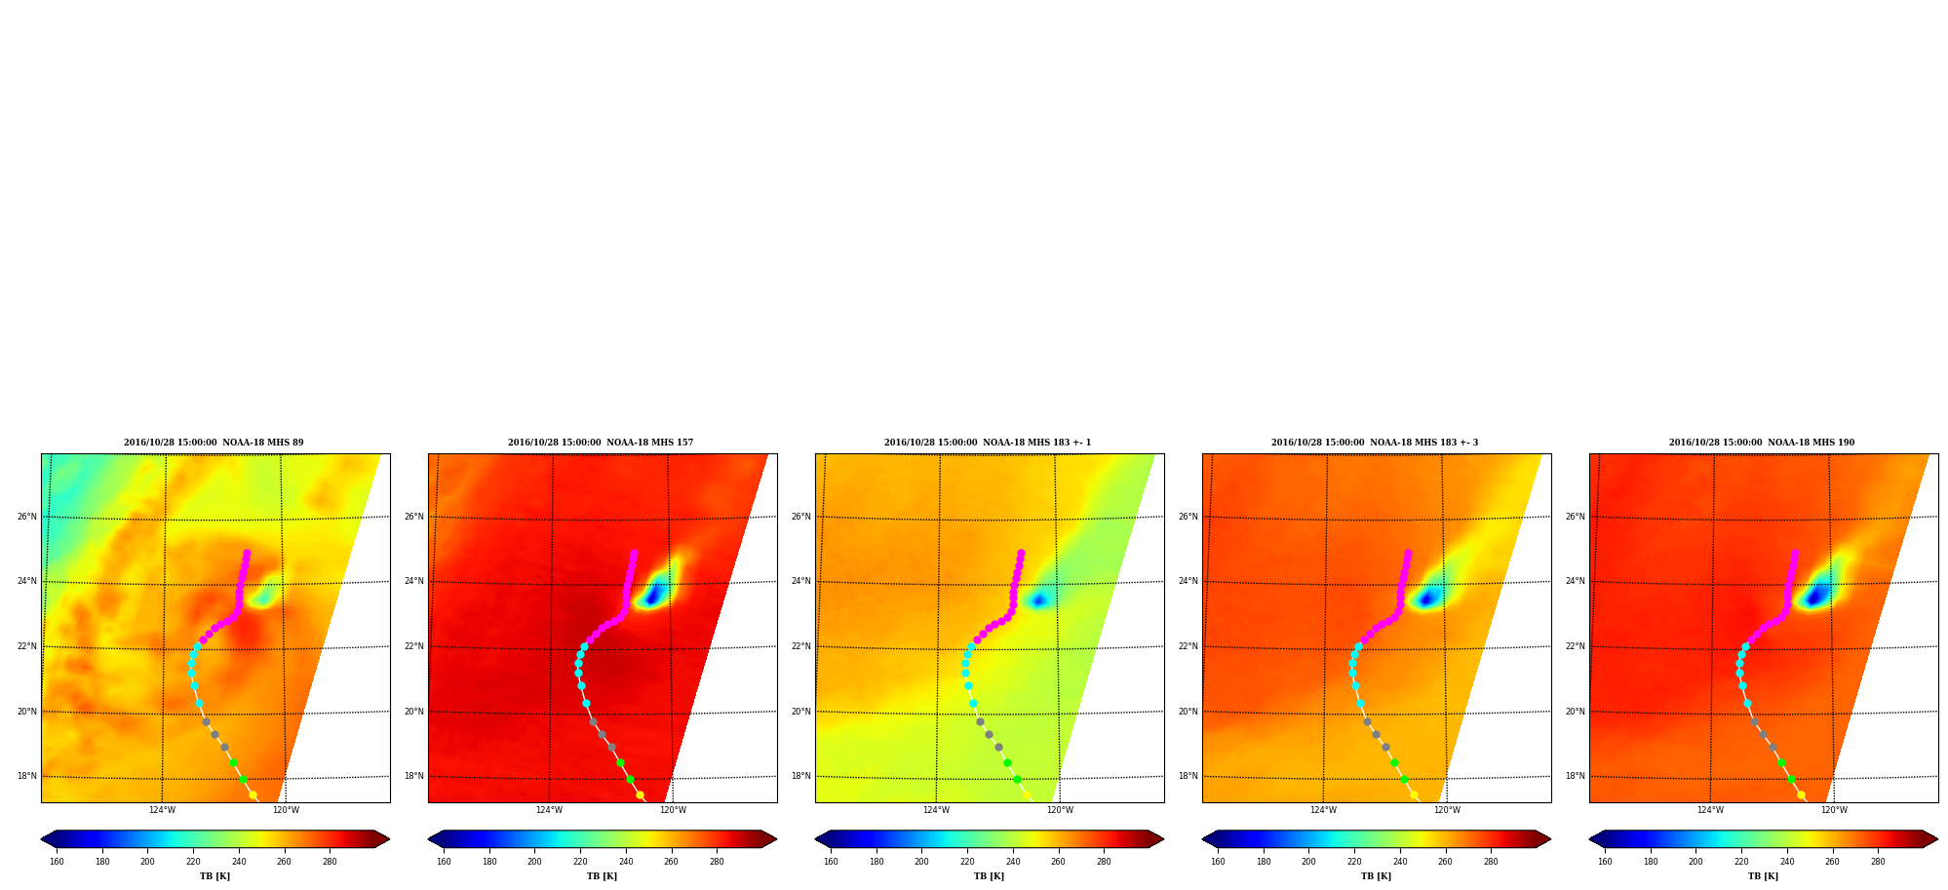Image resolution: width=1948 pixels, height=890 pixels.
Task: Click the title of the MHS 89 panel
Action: (x=214, y=443)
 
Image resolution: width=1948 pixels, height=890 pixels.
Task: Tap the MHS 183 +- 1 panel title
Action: (x=988, y=443)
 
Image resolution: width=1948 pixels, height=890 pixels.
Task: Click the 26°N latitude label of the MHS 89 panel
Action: (x=26, y=517)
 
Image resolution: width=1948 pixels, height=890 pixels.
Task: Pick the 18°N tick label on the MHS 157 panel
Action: (x=413, y=777)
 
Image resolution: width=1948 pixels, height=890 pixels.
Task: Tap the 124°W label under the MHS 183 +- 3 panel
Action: (x=1323, y=810)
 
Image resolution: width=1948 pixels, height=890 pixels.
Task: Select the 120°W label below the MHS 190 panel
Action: (x=1834, y=810)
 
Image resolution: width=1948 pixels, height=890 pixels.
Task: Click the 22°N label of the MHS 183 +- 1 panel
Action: (x=800, y=646)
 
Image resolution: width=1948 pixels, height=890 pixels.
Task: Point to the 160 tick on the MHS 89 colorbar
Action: (x=57, y=862)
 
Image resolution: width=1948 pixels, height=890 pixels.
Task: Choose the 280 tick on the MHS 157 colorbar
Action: (x=717, y=862)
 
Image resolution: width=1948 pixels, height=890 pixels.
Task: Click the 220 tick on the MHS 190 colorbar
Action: (x=1741, y=862)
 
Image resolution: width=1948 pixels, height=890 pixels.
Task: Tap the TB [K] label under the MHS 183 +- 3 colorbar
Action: (x=1376, y=876)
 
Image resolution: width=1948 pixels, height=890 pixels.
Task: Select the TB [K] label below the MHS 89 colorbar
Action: (x=214, y=876)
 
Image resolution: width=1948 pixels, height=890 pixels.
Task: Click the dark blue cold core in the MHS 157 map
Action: (x=652, y=595)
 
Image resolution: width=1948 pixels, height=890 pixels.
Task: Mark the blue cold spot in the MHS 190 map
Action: (x=1814, y=595)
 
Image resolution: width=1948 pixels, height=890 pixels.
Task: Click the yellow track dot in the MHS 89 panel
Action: (x=253, y=795)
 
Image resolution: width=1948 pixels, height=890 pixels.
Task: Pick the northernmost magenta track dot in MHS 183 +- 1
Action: (x=1021, y=554)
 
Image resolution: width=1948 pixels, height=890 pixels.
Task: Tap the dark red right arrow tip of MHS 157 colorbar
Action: (x=776, y=839)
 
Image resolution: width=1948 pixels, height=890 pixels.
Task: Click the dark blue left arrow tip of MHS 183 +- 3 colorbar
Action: (x=1203, y=839)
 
